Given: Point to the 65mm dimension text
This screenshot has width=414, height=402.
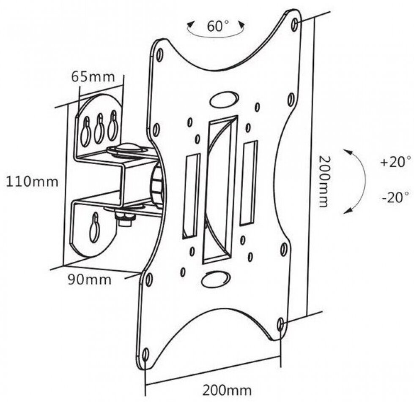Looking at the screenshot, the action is [93, 77].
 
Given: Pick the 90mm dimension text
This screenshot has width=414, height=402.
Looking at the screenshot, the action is [90, 280].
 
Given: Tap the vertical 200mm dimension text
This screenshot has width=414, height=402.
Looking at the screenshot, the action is [323, 182].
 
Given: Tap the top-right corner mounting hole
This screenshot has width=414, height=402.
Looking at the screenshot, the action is [295, 24].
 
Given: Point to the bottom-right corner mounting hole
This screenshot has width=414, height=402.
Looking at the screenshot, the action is [280, 324].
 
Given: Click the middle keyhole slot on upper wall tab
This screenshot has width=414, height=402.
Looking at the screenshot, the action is [99, 128].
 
